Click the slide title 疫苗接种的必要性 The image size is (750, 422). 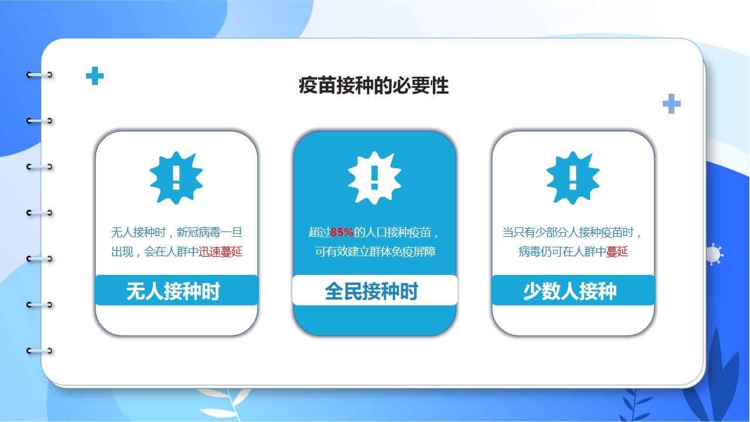(x=374, y=86)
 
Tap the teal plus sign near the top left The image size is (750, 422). (x=95, y=76)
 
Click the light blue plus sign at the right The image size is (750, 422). (x=671, y=104)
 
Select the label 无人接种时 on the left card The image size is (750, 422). (x=173, y=291)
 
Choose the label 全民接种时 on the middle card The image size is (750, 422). (x=371, y=291)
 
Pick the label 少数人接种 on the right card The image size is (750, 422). (x=570, y=291)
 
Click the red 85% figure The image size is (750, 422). (x=342, y=232)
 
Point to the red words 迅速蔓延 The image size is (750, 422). (x=220, y=251)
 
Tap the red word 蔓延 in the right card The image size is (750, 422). (x=617, y=251)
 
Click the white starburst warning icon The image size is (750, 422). (x=374, y=178)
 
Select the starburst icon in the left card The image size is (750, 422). (x=176, y=178)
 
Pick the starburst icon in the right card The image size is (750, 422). (x=573, y=178)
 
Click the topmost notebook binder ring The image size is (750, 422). (x=39, y=74)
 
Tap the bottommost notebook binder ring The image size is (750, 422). (x=39, y=351)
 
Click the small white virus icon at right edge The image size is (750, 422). (x=714, y=254)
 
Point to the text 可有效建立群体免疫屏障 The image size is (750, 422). (x=375, y=251)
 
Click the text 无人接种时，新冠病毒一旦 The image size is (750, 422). (x=176, y=232)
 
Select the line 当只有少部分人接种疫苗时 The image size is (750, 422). (x=568, y=232)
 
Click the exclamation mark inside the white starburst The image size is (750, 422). (x=374, y=178)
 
